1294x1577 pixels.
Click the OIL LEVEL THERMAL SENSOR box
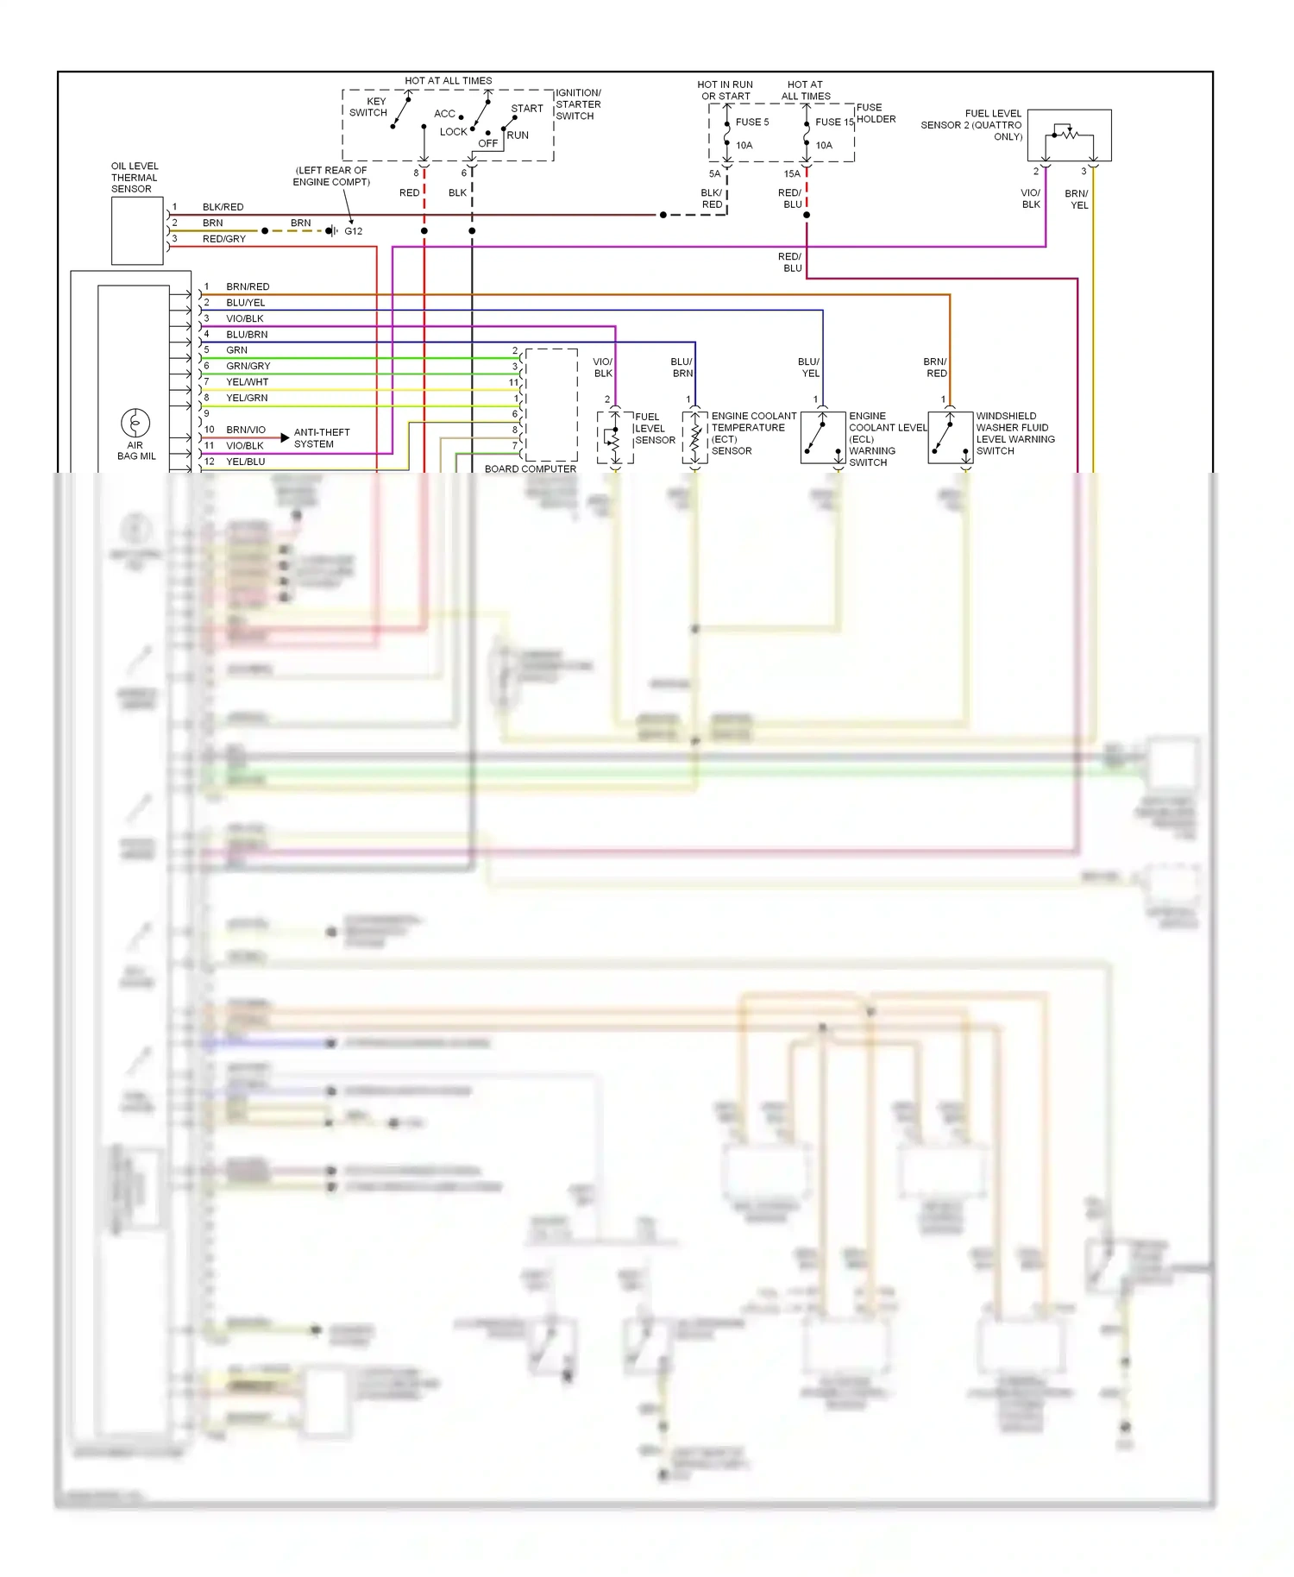pyautogui.click(x=137, y=230)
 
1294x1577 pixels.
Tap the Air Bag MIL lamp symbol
pyautogui.click(x=135, y=423)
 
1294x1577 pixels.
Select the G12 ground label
pyautogui.click(x=354, y=231)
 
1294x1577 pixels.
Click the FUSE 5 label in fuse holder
pyautogui.click(x=751, y=123)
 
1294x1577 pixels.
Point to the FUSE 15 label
pyautogui.click(x=834, y=123)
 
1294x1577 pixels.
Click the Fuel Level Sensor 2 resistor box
pyautogui.click(x=1069, y=135)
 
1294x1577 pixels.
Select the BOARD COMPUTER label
pyautogui.click(x=530, y=469)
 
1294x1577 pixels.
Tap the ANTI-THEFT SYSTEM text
pyautogui.click(x=321, y=438)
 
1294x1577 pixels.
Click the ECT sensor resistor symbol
pyautogui.click(x=695, y=437)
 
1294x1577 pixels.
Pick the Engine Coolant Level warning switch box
pyautogui.click(x=822, y=437)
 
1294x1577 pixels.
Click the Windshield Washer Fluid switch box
pyautogui.click(x=950, y=437)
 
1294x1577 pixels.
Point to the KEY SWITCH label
pyautogui.click(x=368, y=107)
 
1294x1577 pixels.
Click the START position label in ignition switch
pyautogui.click(x=527, y=109)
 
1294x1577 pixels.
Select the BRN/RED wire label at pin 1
pyautogui.click(x=248, y=286)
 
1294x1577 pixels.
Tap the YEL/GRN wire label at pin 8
pyautogui.click(x=247, y=398)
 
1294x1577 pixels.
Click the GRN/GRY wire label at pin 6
pyautogui.click(x=248, y=366)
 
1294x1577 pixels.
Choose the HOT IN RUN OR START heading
pyautogui.click(x=725, y=91)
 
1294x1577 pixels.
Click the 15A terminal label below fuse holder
pyautogui.click(x=791, y=174)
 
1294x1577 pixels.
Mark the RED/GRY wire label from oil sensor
pyautogui.click(x=224, y=239)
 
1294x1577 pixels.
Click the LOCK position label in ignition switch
pyautogui.click(x=453, y=132)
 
